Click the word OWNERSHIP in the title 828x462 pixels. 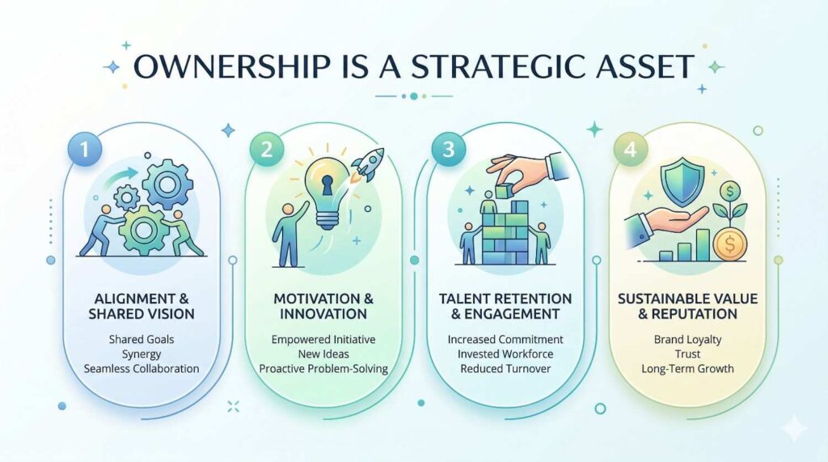(232, 66)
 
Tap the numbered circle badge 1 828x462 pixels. (84, 150)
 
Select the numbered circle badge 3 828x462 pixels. (448, 150)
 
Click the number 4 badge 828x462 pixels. (631, 150)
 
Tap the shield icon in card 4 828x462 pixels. (685, 180)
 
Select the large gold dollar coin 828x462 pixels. (730, 244)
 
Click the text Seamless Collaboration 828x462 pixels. (142, 368)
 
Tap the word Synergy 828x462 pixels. (142, 354)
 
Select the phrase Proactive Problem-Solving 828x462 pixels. (323, 368)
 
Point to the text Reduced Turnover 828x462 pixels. (505, 368)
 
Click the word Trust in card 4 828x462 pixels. (687, 354)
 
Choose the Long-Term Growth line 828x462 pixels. (687, 368)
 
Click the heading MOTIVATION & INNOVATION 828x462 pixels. (323, 306)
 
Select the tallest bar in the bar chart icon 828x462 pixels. (703, 244)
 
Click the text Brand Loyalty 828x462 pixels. (687, 339)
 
